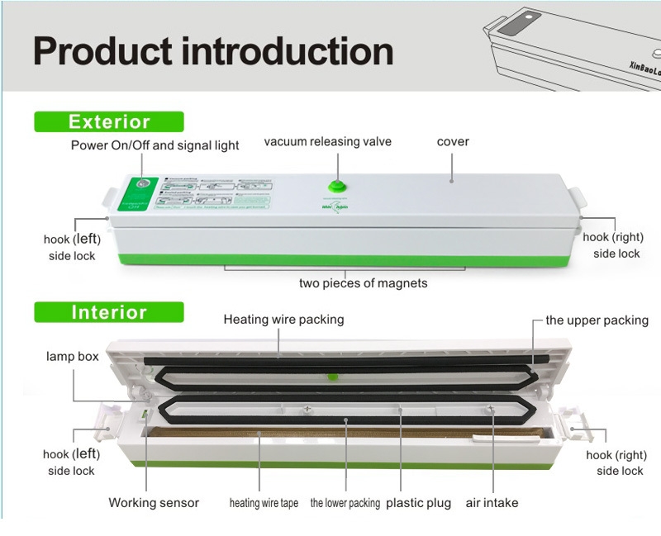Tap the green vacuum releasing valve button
[x=335, y=187]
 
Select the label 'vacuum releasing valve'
[x=327, y=142]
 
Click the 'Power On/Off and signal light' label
[x=155, y=145]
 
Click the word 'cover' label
[x=453, y=142]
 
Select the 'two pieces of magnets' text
[x=363, y=283]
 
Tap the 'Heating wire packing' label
[x=283, y=319]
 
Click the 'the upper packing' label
[x=597, y=320]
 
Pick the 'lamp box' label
[x=72, y=357]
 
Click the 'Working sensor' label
[x=154, y=502]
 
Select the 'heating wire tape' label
[x=264, y=502]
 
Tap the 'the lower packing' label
[x=345, y=502]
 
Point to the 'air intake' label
[x=492, y=502]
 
